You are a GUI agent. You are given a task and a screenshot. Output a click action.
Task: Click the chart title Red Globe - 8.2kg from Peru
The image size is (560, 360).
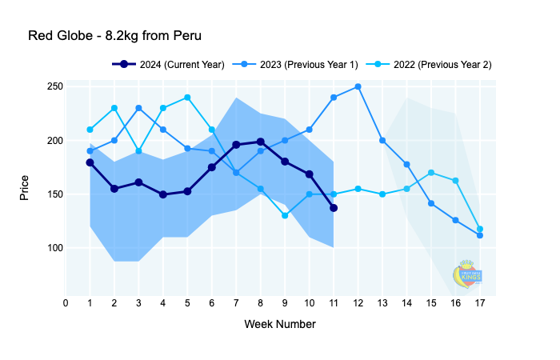pyautogui.click(x=114, y=36)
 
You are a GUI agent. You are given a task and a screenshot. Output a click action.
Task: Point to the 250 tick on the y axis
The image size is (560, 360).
pyautogui.click(x=54, y=86)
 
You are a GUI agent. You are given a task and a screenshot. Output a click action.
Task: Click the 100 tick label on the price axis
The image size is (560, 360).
pyautogui.click(x=54, y=248)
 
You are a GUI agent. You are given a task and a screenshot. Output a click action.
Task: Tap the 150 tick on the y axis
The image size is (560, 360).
pyautogui.click(x=54, y=194)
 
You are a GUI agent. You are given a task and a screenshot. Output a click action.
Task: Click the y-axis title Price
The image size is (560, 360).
pyautogui.click(x=25, y=187)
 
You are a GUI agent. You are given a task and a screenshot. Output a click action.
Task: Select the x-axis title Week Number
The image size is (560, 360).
pyautogui.click(x=279, y=324)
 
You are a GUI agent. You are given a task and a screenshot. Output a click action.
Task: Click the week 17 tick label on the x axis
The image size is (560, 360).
pyautogui.click(x=480, y=302)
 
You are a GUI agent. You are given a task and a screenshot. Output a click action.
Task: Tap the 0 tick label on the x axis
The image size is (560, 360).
pyautogui.click(x=66, y=302)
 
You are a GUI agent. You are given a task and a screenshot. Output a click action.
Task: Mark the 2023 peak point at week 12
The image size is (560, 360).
pyautogui.click(x=358, y=86)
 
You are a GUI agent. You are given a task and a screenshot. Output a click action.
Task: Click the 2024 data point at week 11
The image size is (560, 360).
pyautogui.click(x=334, y=208)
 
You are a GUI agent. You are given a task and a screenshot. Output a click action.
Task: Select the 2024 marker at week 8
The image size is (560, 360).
pyautogui.click(x=260, y=142)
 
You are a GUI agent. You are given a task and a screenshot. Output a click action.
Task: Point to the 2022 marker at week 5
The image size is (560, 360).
pyautogui.click(x=187, y=98)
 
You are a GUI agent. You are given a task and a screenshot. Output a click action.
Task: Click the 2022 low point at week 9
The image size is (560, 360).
pyautogui.click(x=285, y=215)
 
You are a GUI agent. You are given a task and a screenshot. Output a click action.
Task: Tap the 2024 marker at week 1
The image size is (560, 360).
pyautogui.click(x=90, y=162)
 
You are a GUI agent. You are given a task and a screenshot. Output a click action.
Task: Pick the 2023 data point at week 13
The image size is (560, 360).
pyautogui.click(x=382, y=140)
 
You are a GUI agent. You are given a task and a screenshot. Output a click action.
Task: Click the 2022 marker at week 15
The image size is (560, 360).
pyautogui.click(x=431, y=172)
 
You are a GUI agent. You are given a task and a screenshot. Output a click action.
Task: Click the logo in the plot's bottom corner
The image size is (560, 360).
pyautogui.click(x=467, y=274)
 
